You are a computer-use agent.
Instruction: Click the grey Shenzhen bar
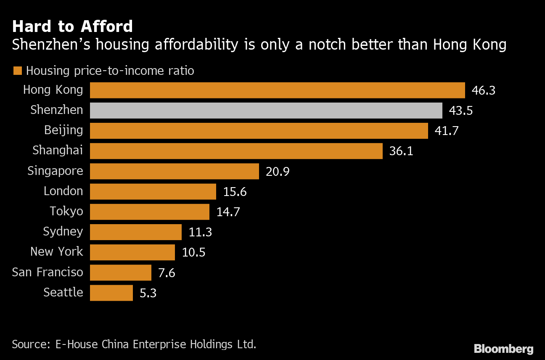266,111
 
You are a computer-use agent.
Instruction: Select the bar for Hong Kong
278,90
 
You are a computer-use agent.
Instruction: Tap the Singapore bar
174,171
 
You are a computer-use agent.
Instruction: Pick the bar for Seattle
111,293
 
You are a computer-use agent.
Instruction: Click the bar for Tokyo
150,212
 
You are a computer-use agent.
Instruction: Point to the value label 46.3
484,90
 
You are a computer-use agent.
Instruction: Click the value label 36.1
401,151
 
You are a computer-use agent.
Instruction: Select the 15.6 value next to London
235,192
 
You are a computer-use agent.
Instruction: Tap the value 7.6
167,273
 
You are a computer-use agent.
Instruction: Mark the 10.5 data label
193,252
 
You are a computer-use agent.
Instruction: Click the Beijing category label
63,130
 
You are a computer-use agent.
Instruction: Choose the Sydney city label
63,232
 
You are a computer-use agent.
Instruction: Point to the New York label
57,252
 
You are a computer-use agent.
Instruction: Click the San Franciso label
48,272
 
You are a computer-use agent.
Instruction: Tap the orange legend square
17,71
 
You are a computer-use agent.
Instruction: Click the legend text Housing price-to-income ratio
110,71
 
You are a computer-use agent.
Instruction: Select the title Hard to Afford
72,27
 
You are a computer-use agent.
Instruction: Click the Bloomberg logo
503,349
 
